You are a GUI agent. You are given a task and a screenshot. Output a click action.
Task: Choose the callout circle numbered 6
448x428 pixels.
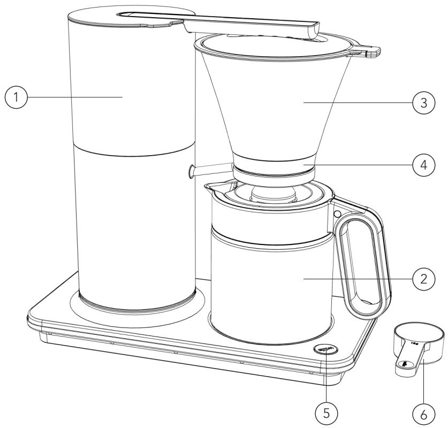423,412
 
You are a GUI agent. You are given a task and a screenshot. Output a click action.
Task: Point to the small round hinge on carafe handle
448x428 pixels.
337,213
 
